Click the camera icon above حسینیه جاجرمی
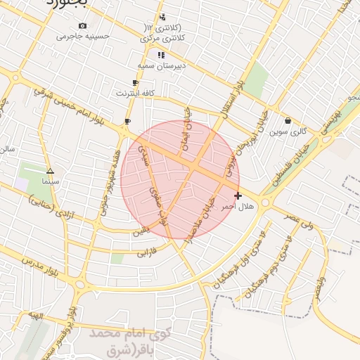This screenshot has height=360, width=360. point(83,26)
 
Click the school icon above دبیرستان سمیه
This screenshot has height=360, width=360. point(161,55)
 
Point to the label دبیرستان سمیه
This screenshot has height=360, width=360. point(161,65)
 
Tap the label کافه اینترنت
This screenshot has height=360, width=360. point(135,92)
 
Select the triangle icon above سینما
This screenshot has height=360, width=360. point(50,171)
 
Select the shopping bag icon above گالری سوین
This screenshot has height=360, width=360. point(288,121)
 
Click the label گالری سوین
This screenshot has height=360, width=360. point(288,131)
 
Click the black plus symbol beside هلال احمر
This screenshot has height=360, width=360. point(238,195)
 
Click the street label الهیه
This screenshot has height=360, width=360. point(35,317)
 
